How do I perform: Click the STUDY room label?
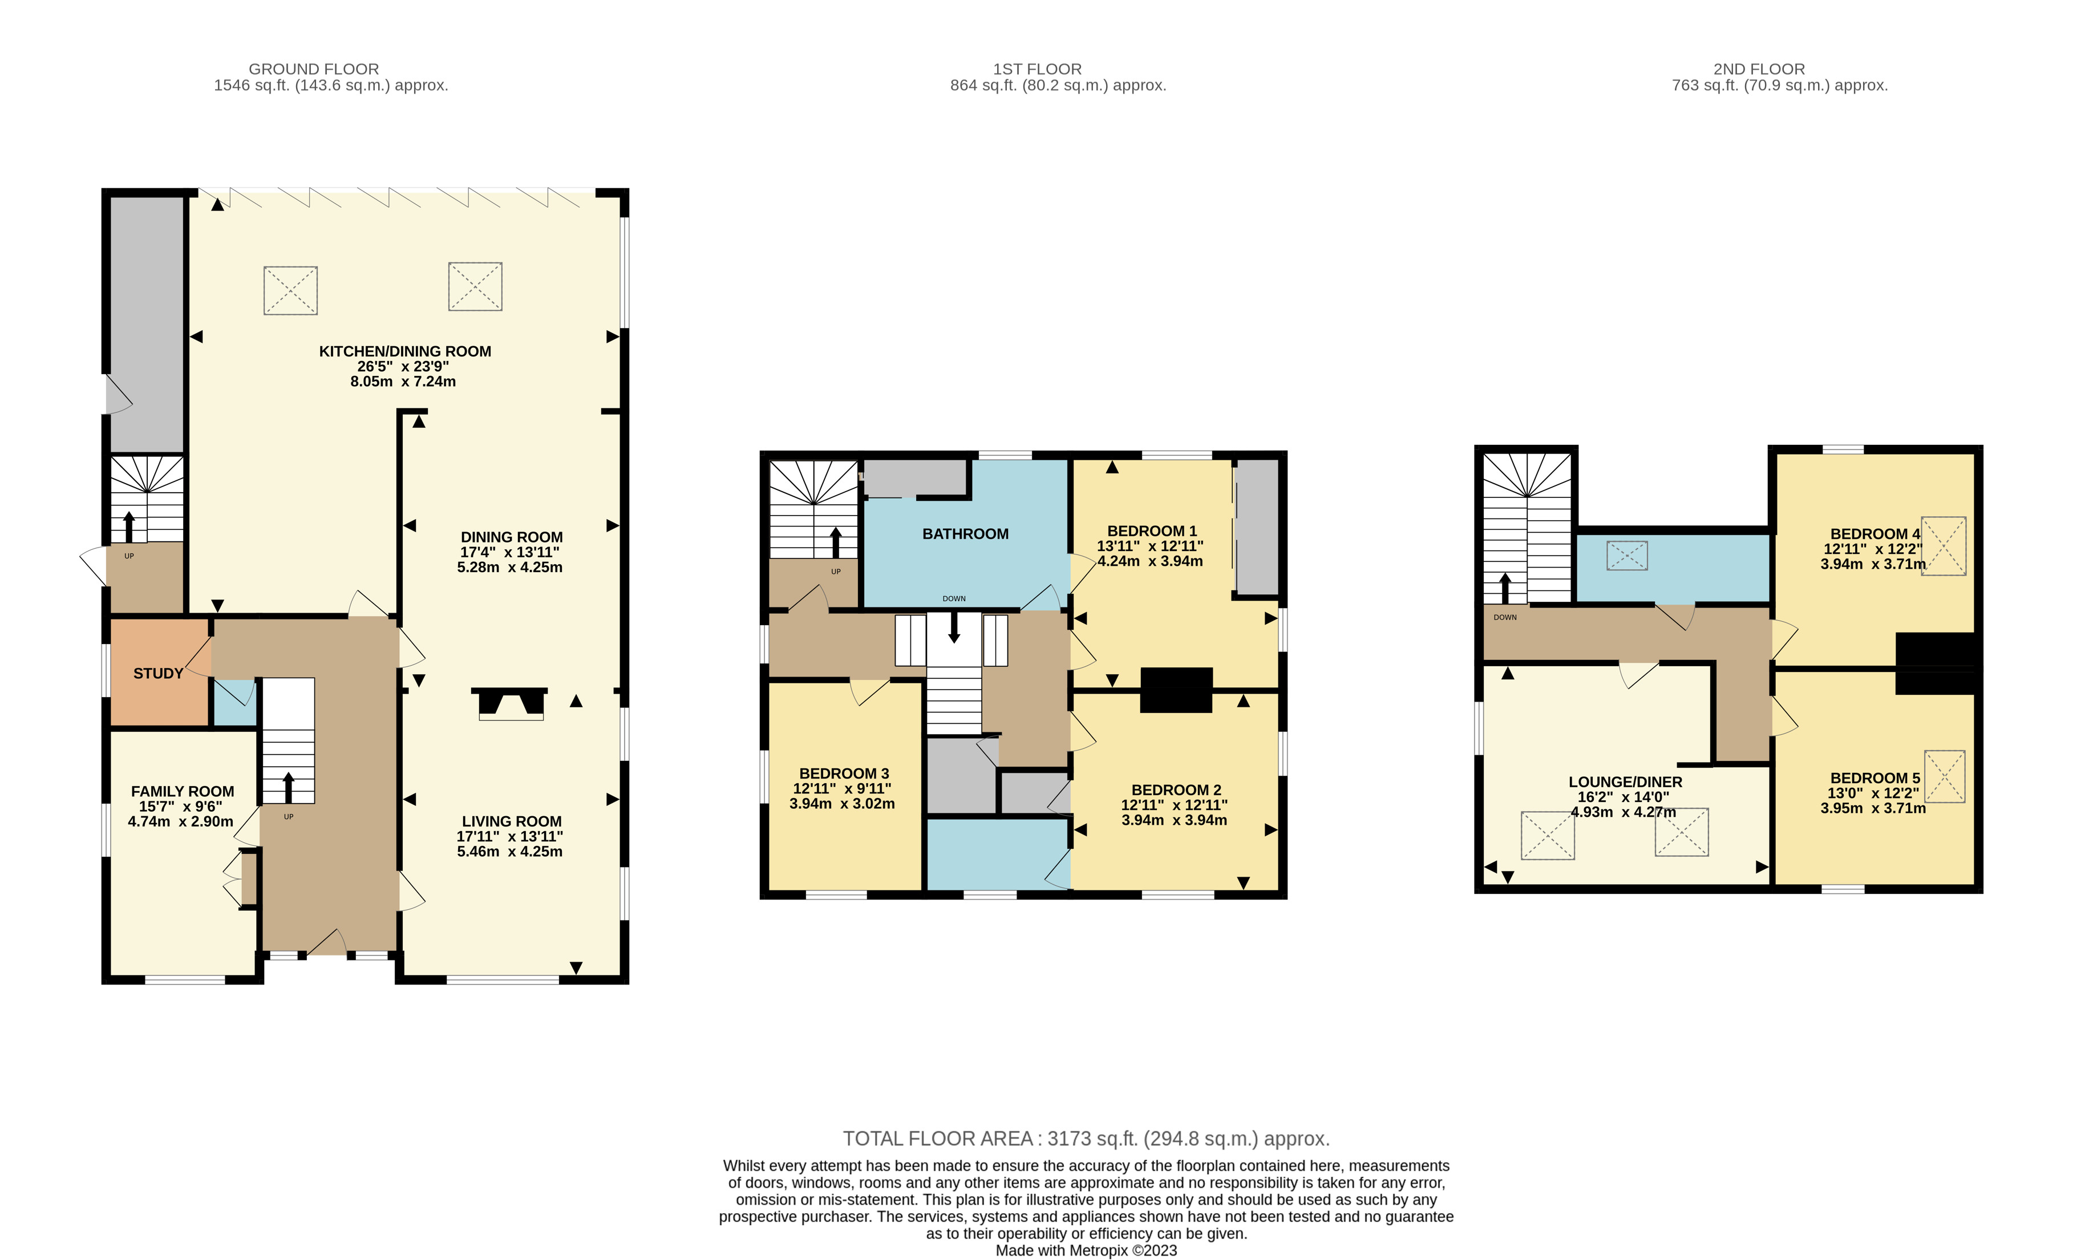158,674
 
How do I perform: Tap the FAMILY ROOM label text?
182,791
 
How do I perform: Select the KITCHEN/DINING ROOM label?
404,351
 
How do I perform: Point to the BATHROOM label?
965,534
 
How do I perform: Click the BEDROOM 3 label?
844,773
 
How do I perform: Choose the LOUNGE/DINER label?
1625,782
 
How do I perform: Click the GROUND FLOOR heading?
313,68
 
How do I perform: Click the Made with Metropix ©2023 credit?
1086,1251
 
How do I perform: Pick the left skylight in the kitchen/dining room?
290,290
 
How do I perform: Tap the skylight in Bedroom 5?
1944,776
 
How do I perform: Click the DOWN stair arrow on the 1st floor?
954,627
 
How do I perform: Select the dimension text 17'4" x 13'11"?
509,552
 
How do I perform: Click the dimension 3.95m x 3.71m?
1873,808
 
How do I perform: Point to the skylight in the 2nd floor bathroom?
1626,555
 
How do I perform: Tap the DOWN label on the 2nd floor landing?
1504,617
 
